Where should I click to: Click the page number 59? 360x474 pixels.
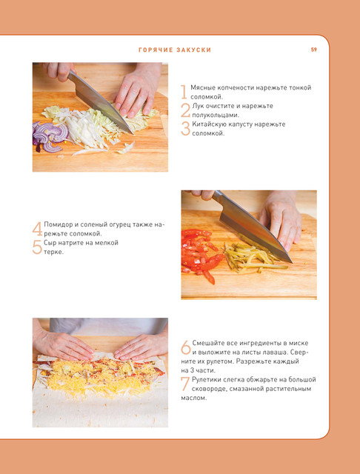(x=314, y=50)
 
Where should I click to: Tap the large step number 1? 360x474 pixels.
(x=184, y=92)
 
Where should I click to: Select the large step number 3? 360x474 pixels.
(x=185, y=129)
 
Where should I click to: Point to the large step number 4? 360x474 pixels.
(x=38, y=229)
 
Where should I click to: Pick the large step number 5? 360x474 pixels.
(x=37, y=247)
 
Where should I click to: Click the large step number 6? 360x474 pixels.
(x=186, y=347)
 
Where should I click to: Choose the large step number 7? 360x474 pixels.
(x=185, y=384)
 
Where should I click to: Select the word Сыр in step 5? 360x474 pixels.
(x=49, y=243)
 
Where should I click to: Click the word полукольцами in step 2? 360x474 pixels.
(x=216, y=115)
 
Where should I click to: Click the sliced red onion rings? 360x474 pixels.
(x=50, y=137)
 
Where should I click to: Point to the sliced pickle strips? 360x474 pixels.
(x=253, y=257)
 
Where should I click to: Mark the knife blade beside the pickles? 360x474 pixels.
(x=253, y=226)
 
